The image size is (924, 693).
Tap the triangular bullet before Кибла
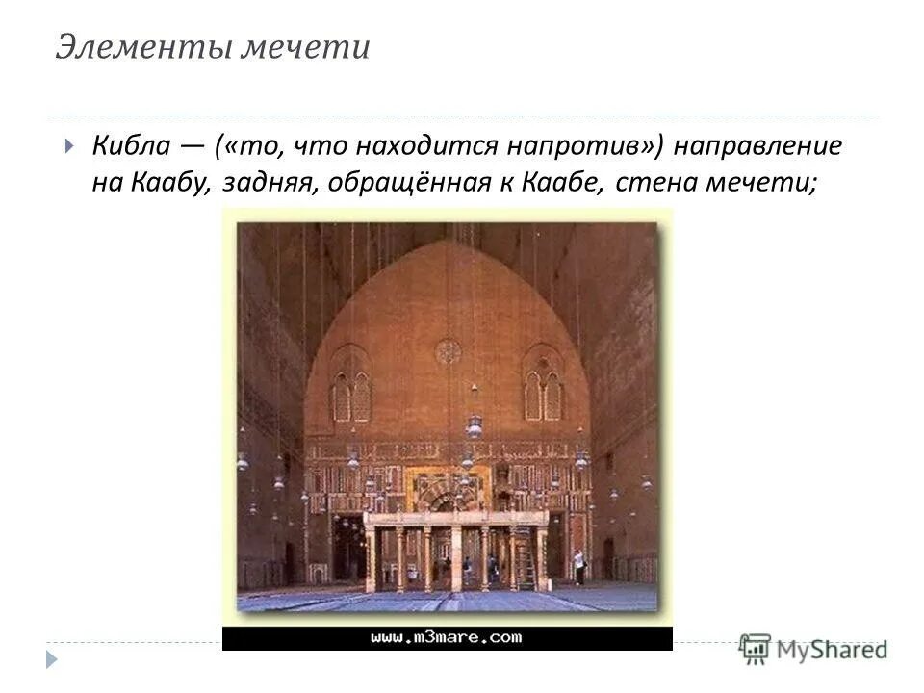tap(68, 148)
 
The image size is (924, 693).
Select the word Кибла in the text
tap(132, 147)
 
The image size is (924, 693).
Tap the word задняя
tap(266, 183)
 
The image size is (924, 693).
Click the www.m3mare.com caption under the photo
tap(447, 637)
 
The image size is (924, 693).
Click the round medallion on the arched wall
tap(448, 351)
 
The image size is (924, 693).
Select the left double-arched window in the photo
tap(350, 393)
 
